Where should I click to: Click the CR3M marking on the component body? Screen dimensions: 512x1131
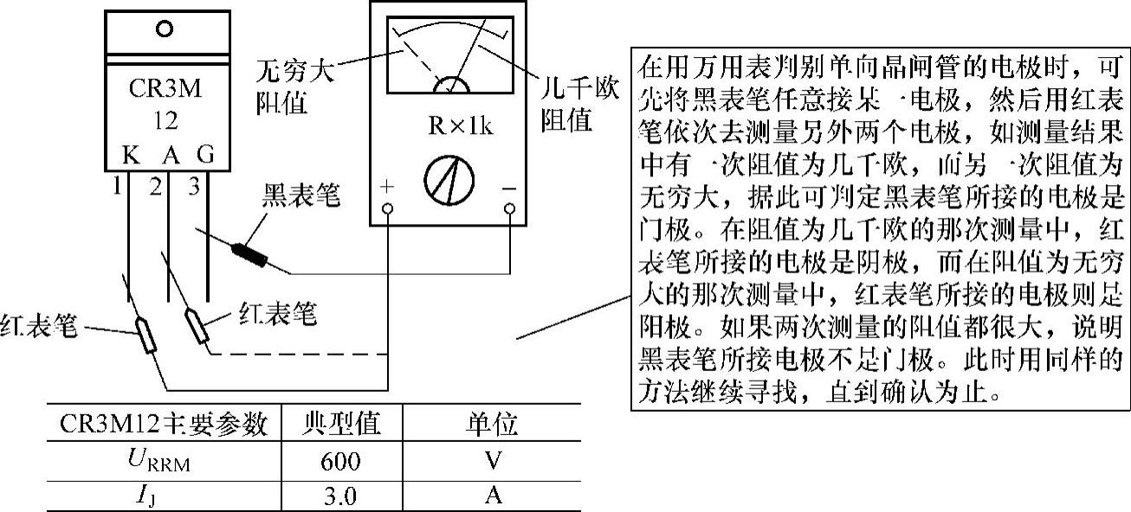tap(165, 89)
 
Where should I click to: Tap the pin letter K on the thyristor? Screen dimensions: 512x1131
tap(128, 157)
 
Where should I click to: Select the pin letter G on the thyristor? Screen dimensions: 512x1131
tap(206, 157)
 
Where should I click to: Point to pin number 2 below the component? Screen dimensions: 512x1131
tap(155, 186)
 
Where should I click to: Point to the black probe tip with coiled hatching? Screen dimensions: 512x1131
tap(250, 253)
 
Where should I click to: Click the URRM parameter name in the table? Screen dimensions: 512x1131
tap(165, 462)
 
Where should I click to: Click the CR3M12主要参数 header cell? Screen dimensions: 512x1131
tap(165, 425)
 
